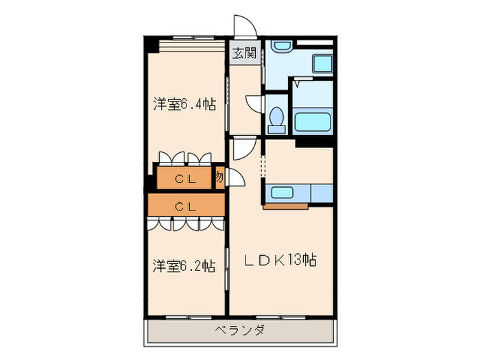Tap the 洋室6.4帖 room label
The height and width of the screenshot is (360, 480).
point(184,105)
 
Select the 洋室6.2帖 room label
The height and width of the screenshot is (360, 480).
point(183,265)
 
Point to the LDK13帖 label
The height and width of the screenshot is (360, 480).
point(281,261)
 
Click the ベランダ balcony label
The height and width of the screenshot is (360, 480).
point(240,331)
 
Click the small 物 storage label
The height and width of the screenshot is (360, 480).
point(219,176)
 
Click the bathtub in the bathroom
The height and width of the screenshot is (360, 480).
point(312,123)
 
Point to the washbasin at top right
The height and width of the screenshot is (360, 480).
point(281,47)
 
